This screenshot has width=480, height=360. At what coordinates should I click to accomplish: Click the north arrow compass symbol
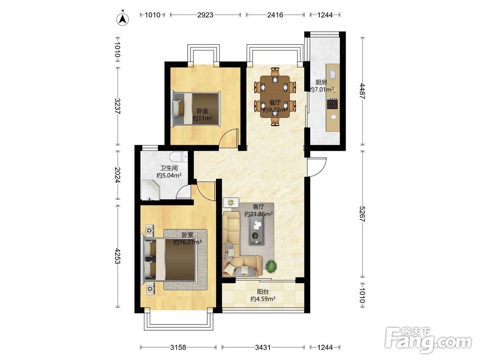123,18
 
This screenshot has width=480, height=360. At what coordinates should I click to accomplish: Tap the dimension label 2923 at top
205,15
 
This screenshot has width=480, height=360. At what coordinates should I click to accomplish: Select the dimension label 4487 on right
362,91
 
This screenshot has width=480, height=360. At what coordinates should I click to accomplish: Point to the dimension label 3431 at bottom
263,347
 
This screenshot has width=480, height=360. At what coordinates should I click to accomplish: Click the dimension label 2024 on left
117,175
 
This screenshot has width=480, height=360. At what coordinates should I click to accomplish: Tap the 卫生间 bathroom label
169,168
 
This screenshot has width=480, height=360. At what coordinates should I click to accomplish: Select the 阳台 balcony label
263,292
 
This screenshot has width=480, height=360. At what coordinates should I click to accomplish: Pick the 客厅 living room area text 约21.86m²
259,214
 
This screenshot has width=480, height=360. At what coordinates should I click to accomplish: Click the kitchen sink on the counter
333,74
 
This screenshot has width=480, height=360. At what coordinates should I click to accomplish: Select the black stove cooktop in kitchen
332,104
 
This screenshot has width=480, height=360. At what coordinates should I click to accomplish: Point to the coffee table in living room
257,232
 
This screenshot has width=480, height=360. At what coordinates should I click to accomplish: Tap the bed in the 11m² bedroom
196,108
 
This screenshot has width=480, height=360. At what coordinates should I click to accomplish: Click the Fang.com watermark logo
429,340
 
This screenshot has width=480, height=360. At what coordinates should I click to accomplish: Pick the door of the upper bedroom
229,138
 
